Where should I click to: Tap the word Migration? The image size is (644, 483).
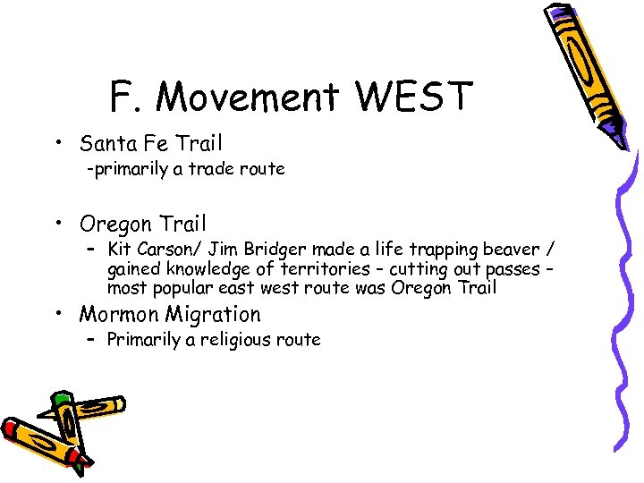point(214,315)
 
